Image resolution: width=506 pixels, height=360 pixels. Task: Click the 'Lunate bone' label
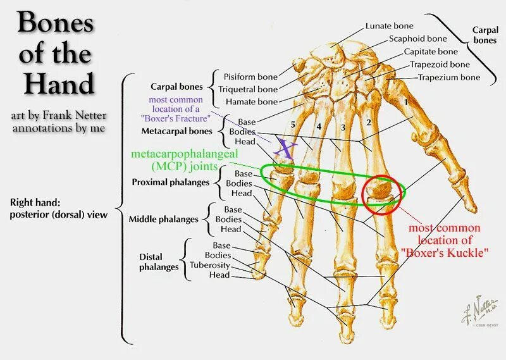click(x=389, y=26)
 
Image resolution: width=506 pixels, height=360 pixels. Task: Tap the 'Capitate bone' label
click(x=430, y=51)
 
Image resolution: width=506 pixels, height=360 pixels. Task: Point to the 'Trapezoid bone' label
click(x=440, y=65)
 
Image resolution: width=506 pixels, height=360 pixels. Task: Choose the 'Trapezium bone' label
click(x=448, y=77)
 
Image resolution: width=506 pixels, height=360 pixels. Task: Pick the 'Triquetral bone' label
click(x=247, y=89)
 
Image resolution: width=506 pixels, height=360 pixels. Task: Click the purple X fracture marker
click(x=286, y=149)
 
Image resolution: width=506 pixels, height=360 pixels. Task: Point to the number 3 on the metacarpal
click(x=342, y=128)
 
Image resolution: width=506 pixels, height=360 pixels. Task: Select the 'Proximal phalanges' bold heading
click(x=170, y=182)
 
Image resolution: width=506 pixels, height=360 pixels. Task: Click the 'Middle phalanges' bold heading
click(x=164, y=220)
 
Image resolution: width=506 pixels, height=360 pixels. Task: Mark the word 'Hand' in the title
click(x=56, y=83)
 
